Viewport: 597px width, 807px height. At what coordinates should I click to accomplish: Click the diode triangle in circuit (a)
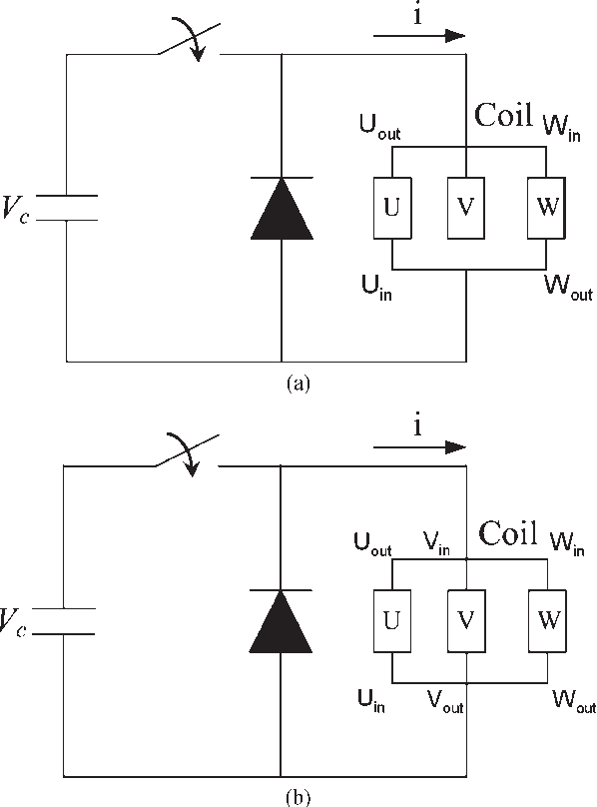pos(282,209)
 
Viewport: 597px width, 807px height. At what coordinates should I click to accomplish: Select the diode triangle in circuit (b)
pos(281,621)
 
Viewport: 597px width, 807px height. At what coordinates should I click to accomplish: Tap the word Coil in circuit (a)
pos(503,114)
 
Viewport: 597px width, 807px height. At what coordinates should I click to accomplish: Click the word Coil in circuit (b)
pos(508,532)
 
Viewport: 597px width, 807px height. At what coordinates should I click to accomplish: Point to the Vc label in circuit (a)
pos(15,209)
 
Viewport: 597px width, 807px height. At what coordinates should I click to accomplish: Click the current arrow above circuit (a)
pos(419,36)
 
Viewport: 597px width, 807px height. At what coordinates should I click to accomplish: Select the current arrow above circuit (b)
pos(419,447)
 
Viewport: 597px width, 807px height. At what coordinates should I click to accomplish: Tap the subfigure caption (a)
pos(298,384)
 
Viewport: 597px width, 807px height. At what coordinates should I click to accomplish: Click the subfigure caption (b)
pos(298,798)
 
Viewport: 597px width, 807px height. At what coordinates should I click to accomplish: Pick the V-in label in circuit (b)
pos(436,543)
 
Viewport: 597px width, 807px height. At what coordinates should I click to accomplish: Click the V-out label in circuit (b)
pos(445,701)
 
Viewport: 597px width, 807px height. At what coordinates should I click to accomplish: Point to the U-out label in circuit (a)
pos(379,126)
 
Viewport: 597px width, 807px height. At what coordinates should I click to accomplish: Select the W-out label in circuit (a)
pos(569,288)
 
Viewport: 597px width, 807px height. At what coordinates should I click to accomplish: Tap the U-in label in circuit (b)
pos(371,701)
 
